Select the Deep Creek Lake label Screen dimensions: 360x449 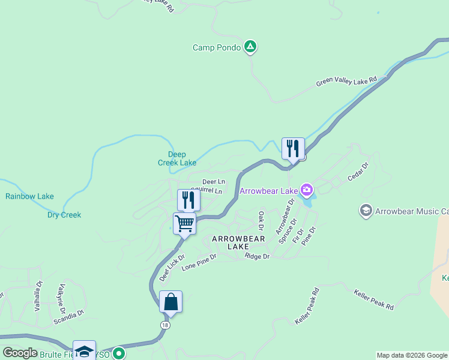[x=177, y=158]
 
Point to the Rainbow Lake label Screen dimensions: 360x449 [x=29, y=196]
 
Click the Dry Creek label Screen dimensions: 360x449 [x=64, y=215]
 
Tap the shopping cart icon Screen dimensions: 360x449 [x=185, y=224]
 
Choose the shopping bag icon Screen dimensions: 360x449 [x=171, y=301]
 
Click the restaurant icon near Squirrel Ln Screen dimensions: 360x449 [x=189, y=200]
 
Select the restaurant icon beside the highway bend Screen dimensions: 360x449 [x=293, y=148]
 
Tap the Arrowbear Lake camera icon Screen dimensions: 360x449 [x=307, y=191]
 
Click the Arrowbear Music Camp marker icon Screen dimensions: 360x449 [x=366, y=211]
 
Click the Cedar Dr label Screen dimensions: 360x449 [x=357, y=172]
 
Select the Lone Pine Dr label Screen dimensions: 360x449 [x=199, y=261]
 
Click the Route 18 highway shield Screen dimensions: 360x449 [x=164, y=325]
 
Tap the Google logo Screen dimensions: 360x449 [x=20, y=353]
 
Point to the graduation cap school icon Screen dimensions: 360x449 [x=84, y=351]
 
